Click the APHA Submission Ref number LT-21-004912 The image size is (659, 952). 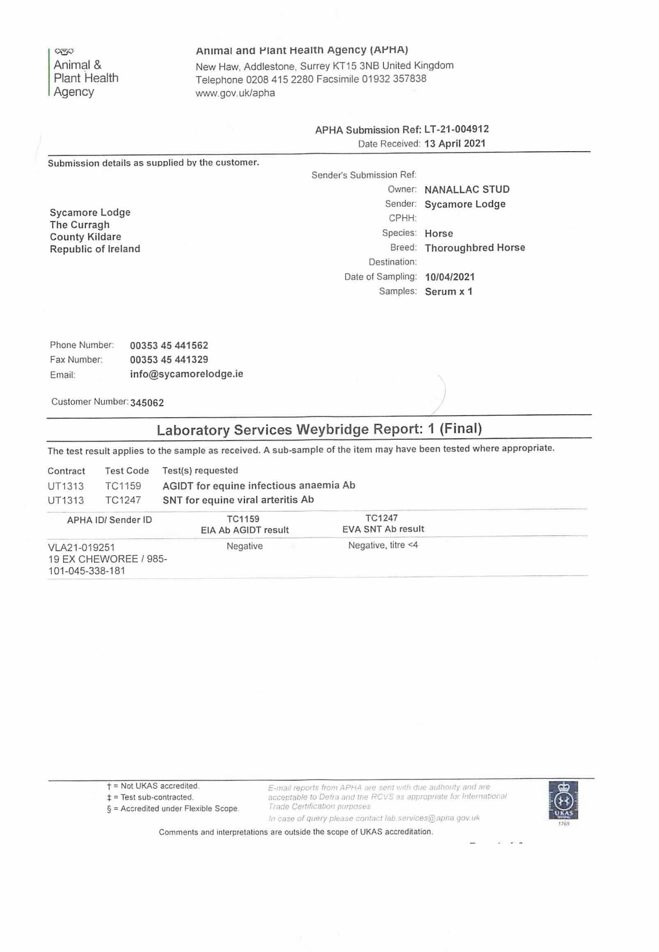(456, 129)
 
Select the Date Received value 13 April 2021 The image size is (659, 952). (455, 144)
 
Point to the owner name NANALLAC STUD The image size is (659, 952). (467, 190)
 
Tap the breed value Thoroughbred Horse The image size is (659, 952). (475, 248)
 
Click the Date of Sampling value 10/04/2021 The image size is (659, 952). (450, 277)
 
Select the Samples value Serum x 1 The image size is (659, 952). (448, 291)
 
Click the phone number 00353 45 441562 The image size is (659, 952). (169, 346)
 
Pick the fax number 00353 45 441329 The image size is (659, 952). (169, 360)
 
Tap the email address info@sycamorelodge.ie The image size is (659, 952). (186, 374)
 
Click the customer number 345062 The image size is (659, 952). (147, 403)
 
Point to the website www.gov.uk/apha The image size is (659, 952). (235, 93)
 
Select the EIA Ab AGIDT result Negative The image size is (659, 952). (244, 546)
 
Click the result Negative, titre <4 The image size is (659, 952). (383, 545)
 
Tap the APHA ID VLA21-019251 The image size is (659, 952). (81, 547)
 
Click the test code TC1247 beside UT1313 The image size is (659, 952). (123, 500)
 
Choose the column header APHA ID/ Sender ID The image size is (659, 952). (109, 520)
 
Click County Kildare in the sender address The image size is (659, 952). (85, 237)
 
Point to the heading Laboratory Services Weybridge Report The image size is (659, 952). (319, 429)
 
